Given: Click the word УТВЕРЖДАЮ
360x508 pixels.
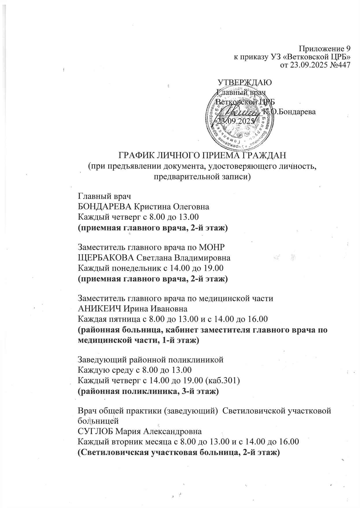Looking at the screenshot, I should tap(244, 82).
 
